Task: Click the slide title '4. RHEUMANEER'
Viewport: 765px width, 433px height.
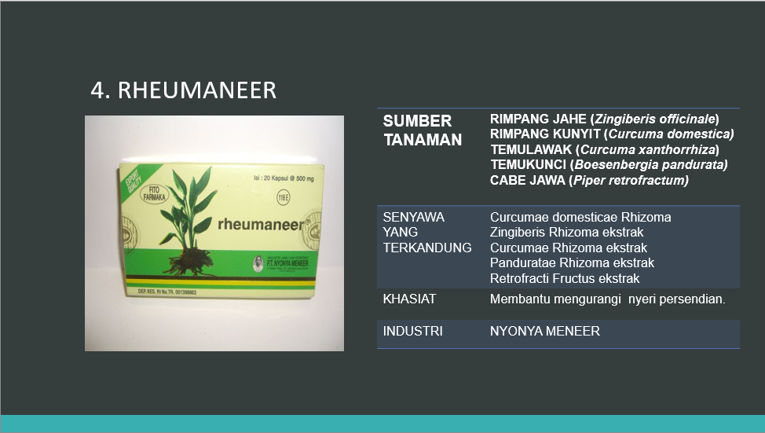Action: [x=183, y=90]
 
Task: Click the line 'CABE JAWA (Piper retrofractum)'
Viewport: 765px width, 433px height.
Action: [x=589, y=180]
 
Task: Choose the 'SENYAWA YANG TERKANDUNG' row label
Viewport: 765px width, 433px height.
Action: [x=426, y=232]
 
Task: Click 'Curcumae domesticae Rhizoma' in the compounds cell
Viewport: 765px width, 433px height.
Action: [x=580, y=217]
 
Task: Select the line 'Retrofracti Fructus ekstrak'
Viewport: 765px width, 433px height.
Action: [x=565, y=278]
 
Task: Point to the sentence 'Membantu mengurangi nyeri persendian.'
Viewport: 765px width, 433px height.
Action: [x=607, y=299]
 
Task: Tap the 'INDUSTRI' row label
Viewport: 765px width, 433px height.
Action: [x=412, y=331]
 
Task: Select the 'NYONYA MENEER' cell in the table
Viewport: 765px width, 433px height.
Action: [x=545, y=331]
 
